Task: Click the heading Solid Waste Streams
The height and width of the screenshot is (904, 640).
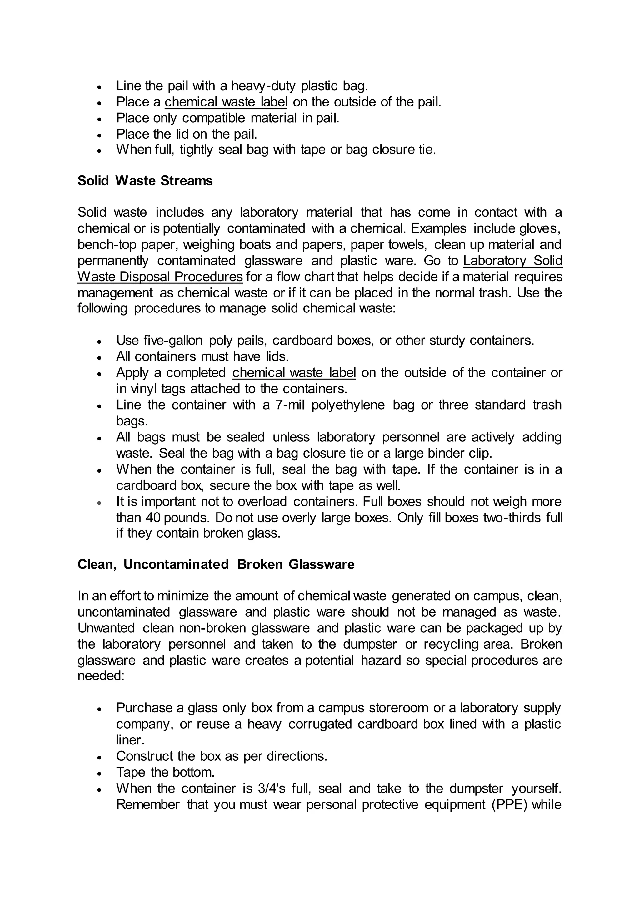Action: (x=145, y=181)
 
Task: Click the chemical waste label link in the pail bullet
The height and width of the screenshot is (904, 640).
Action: (x=226, y=102)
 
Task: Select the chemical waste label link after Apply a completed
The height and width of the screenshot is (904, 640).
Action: (x=294, y=372)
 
